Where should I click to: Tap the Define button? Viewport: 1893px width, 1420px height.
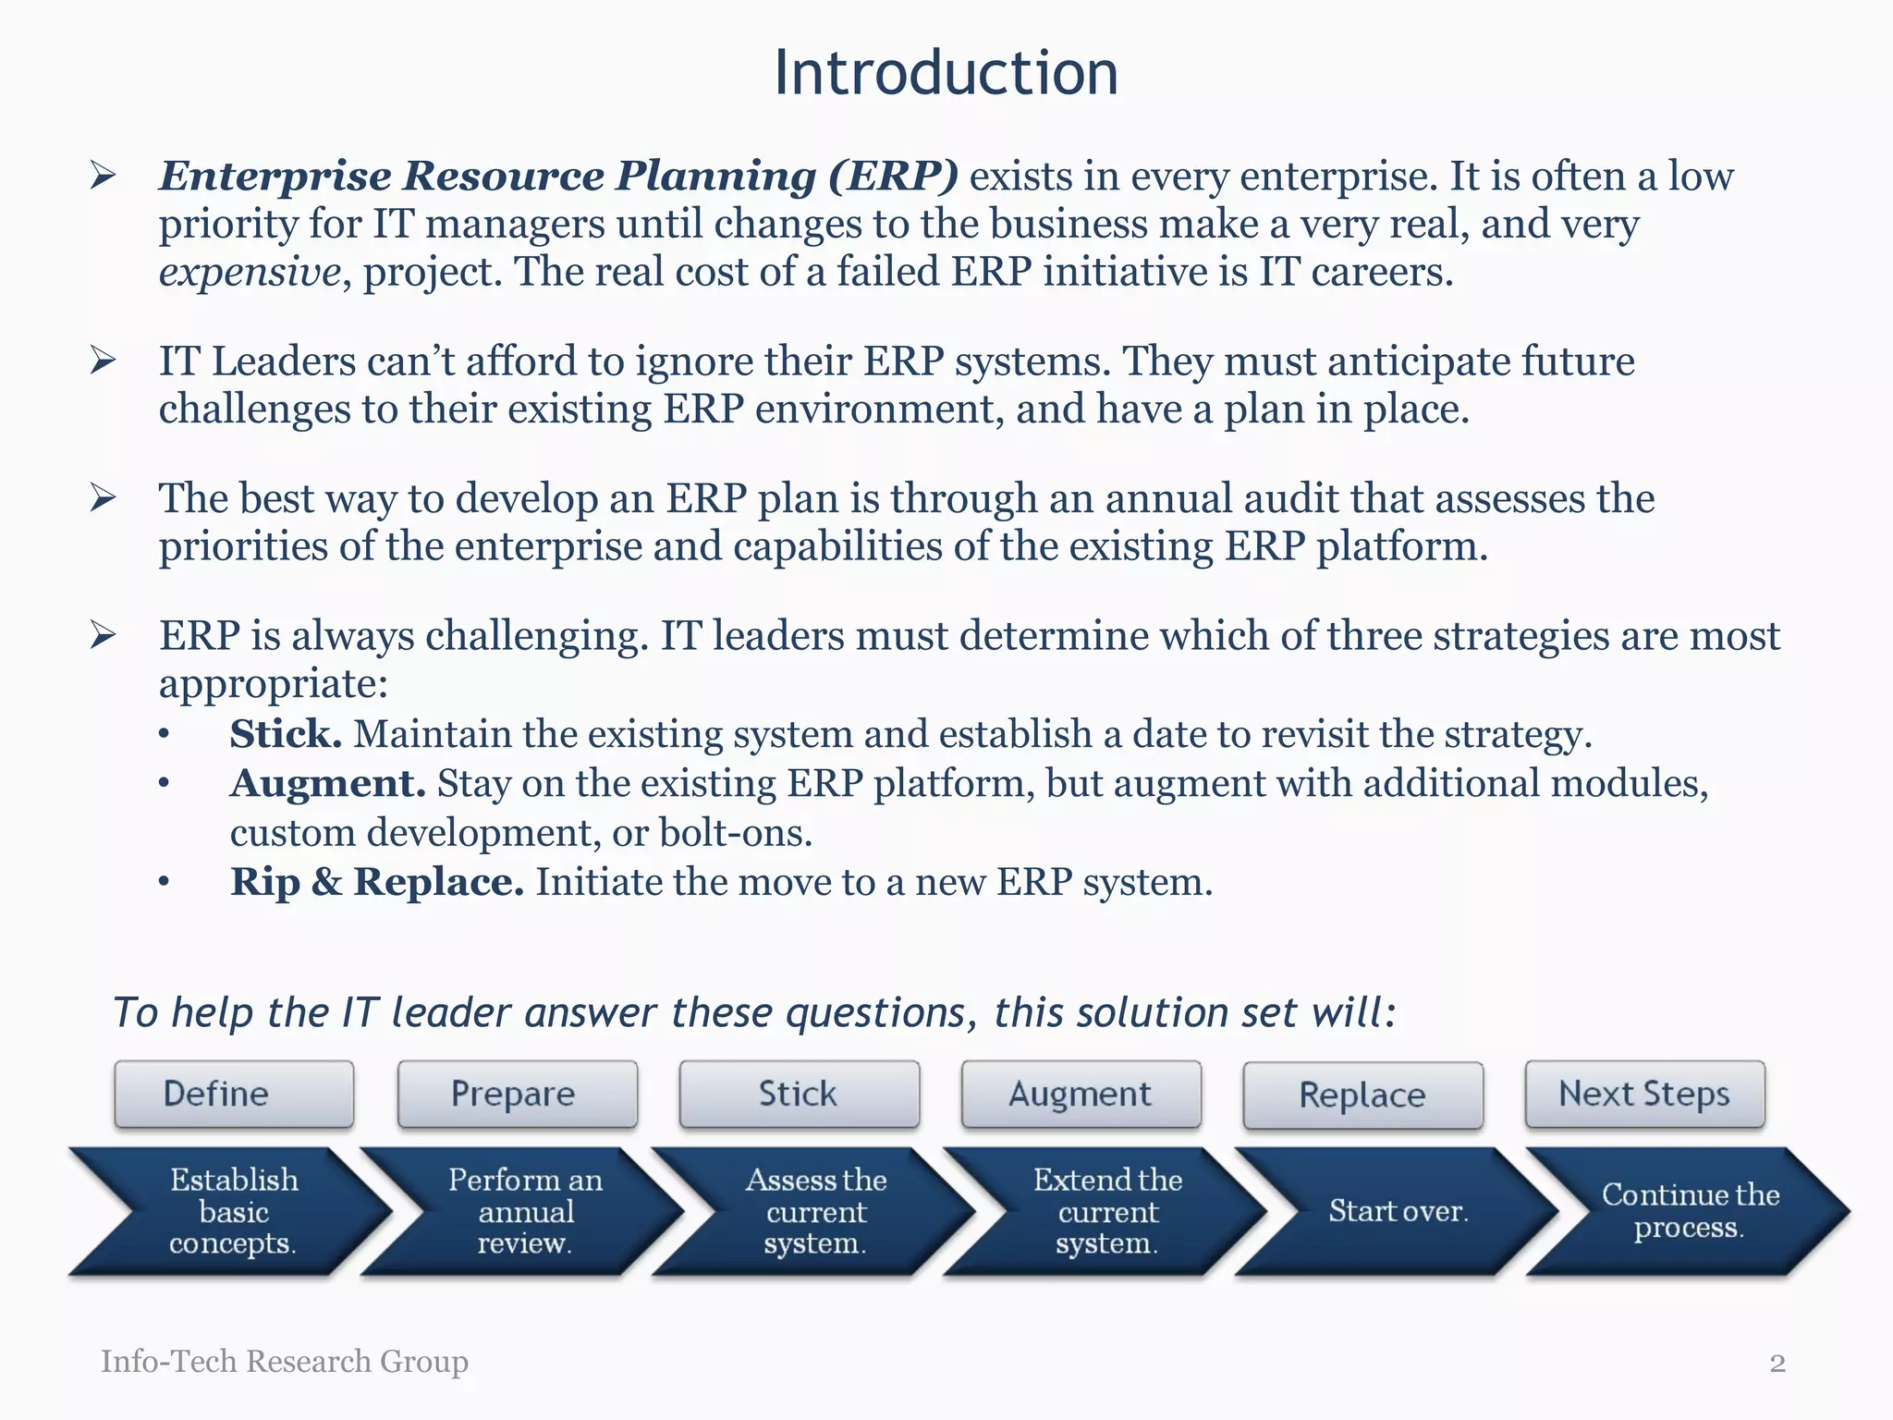tap(234, 1095)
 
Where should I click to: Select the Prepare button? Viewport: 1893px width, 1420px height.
tap(517, 1095)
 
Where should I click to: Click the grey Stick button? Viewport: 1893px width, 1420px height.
tap(799, 1095)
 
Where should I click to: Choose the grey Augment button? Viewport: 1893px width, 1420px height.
tap(1081, 1095)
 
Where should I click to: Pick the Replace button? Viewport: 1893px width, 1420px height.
tap(1362, 1096)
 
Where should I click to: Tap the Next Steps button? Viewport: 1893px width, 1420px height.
tap(1644, 1095)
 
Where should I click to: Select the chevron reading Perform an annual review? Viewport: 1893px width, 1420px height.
tap(524, 1211)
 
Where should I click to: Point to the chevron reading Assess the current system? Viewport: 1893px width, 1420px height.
tap(815, 1211)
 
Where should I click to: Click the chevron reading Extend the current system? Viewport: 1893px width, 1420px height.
tap(1107, 1211)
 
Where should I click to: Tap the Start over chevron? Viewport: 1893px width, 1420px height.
tap(1398, 1211)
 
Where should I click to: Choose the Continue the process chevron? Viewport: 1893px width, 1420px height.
tap(1690, 1211)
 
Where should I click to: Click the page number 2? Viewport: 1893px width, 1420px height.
tap(1777, 1364)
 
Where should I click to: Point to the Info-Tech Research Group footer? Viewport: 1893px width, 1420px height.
tap(284, 1362)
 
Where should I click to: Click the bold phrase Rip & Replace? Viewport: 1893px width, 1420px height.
tap(376, 882)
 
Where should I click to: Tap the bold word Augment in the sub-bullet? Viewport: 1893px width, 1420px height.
tap(327, 784)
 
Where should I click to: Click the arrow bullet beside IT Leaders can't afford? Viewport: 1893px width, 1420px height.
tap(103, 361)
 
